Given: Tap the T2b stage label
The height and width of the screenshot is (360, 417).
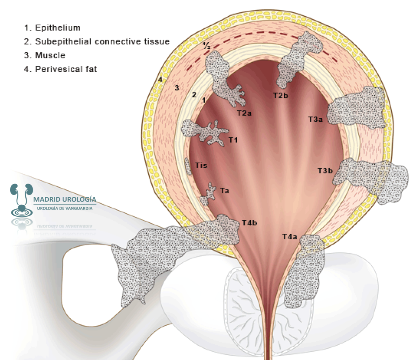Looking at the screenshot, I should (x=281, y=95).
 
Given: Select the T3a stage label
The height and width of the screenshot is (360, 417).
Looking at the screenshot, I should (x=315, y=119).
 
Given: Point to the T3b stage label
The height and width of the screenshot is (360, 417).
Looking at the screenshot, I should (x=325, y=171).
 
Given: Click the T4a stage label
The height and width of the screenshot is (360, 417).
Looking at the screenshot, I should (x=290, y=237).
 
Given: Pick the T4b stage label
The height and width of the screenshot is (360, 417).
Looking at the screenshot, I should (x=250, y=222).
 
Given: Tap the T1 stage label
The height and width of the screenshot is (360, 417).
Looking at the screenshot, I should (x=233, y=140).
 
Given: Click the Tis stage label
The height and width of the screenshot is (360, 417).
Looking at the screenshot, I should (x=201, y=165).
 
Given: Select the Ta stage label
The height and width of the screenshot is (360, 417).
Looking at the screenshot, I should (x=225, y=191).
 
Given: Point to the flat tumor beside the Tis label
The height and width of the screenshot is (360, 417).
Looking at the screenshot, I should (x=188, y=166).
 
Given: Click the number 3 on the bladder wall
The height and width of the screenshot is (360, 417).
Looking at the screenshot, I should (x=177, y=88).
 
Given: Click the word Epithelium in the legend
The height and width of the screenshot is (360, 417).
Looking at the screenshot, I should (x=58, y=28).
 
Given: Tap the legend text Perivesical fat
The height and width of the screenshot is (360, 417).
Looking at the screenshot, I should (x=66, y=69).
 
